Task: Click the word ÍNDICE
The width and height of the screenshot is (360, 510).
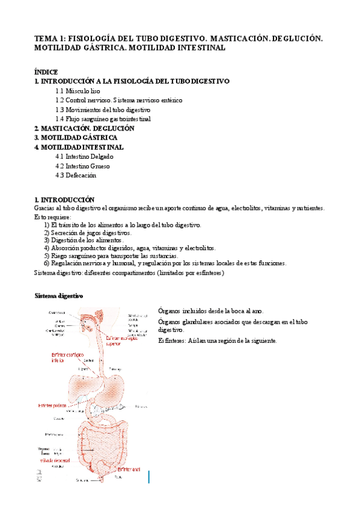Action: pos(46,72)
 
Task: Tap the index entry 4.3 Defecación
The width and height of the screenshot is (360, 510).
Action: pos(75,176)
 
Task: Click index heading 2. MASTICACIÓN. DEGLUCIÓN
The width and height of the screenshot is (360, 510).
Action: pos(84,128)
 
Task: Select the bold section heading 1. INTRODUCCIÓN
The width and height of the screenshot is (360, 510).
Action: pos(65,199)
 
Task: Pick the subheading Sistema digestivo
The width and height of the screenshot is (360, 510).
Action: pos(59,296)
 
